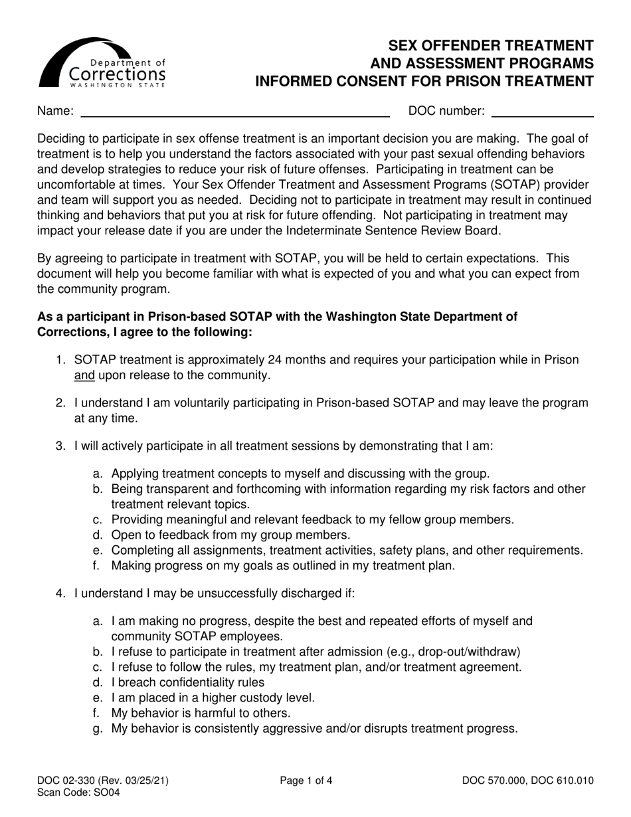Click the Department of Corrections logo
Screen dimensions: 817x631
[x=102, y=64]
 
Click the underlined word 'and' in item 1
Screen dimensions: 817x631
[x=84, y=375]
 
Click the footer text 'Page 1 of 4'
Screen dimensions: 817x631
[x=306, y=781]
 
